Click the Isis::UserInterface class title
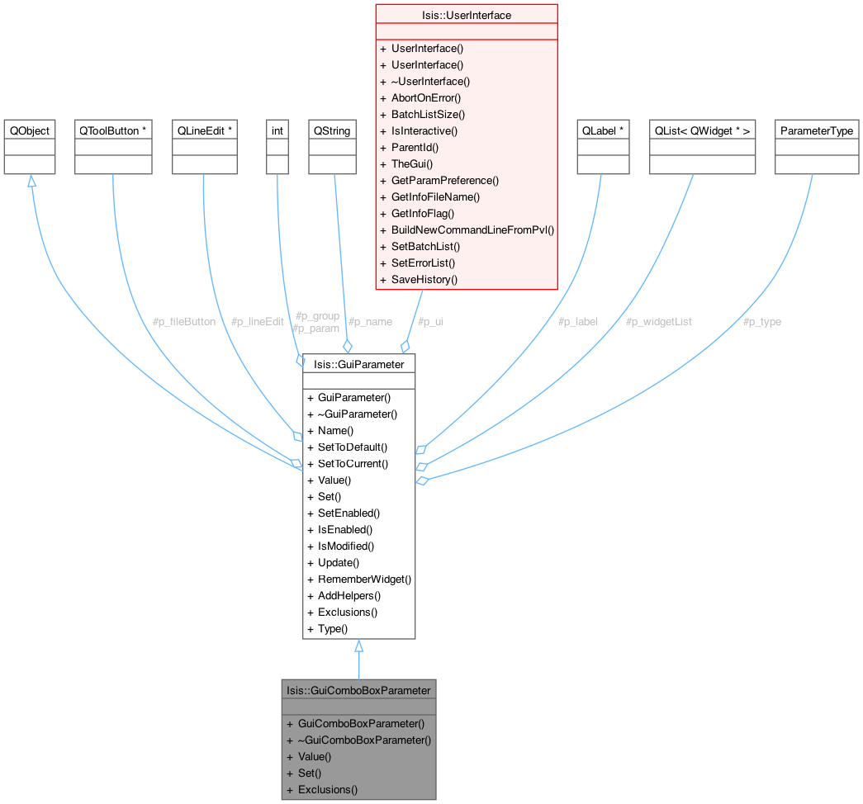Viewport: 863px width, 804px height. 467,15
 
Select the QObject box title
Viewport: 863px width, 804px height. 30,130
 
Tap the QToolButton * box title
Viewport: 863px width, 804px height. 113,130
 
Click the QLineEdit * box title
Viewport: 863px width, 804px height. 206,130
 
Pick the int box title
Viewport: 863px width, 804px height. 277,130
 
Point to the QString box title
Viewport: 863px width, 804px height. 332,130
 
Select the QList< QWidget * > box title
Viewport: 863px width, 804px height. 702,130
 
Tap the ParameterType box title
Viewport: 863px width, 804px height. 817,130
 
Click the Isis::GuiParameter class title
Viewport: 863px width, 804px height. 358,363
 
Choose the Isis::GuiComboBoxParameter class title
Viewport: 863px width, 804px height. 358,690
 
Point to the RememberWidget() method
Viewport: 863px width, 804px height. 364,579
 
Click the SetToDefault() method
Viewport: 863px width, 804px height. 353,447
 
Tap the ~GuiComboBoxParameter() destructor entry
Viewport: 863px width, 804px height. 364,740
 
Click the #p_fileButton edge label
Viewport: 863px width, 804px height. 184,321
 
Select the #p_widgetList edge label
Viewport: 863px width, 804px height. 658,321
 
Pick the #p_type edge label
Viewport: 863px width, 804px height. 761,321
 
